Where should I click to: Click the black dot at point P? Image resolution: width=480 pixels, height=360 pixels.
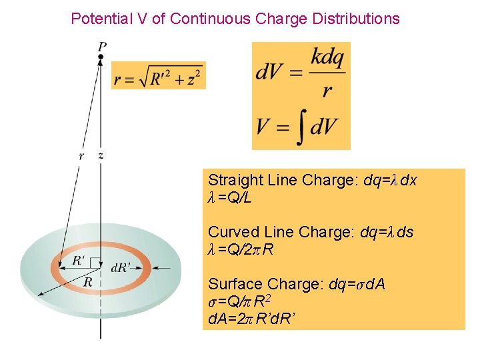pyautogui.click(x=101, y=58)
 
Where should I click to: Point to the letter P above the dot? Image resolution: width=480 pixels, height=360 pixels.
pyautogui.click(x=101, y=46)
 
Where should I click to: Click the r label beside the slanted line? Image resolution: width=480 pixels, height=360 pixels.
pyautogui.click(x=81, y=155)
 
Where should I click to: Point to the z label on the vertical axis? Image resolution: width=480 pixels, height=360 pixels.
pyautogui.click(x=101, y=155)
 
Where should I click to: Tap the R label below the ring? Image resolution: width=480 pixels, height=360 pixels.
pyautogui.click(x=87, y=281)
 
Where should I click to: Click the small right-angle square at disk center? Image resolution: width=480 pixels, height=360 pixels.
pyautogui.click(x=97, y=264)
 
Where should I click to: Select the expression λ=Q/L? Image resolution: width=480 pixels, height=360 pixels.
pyautogui.click(x=229, y=198)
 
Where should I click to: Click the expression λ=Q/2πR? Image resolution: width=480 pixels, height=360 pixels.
pyautogui.click(x=241, y=250)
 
